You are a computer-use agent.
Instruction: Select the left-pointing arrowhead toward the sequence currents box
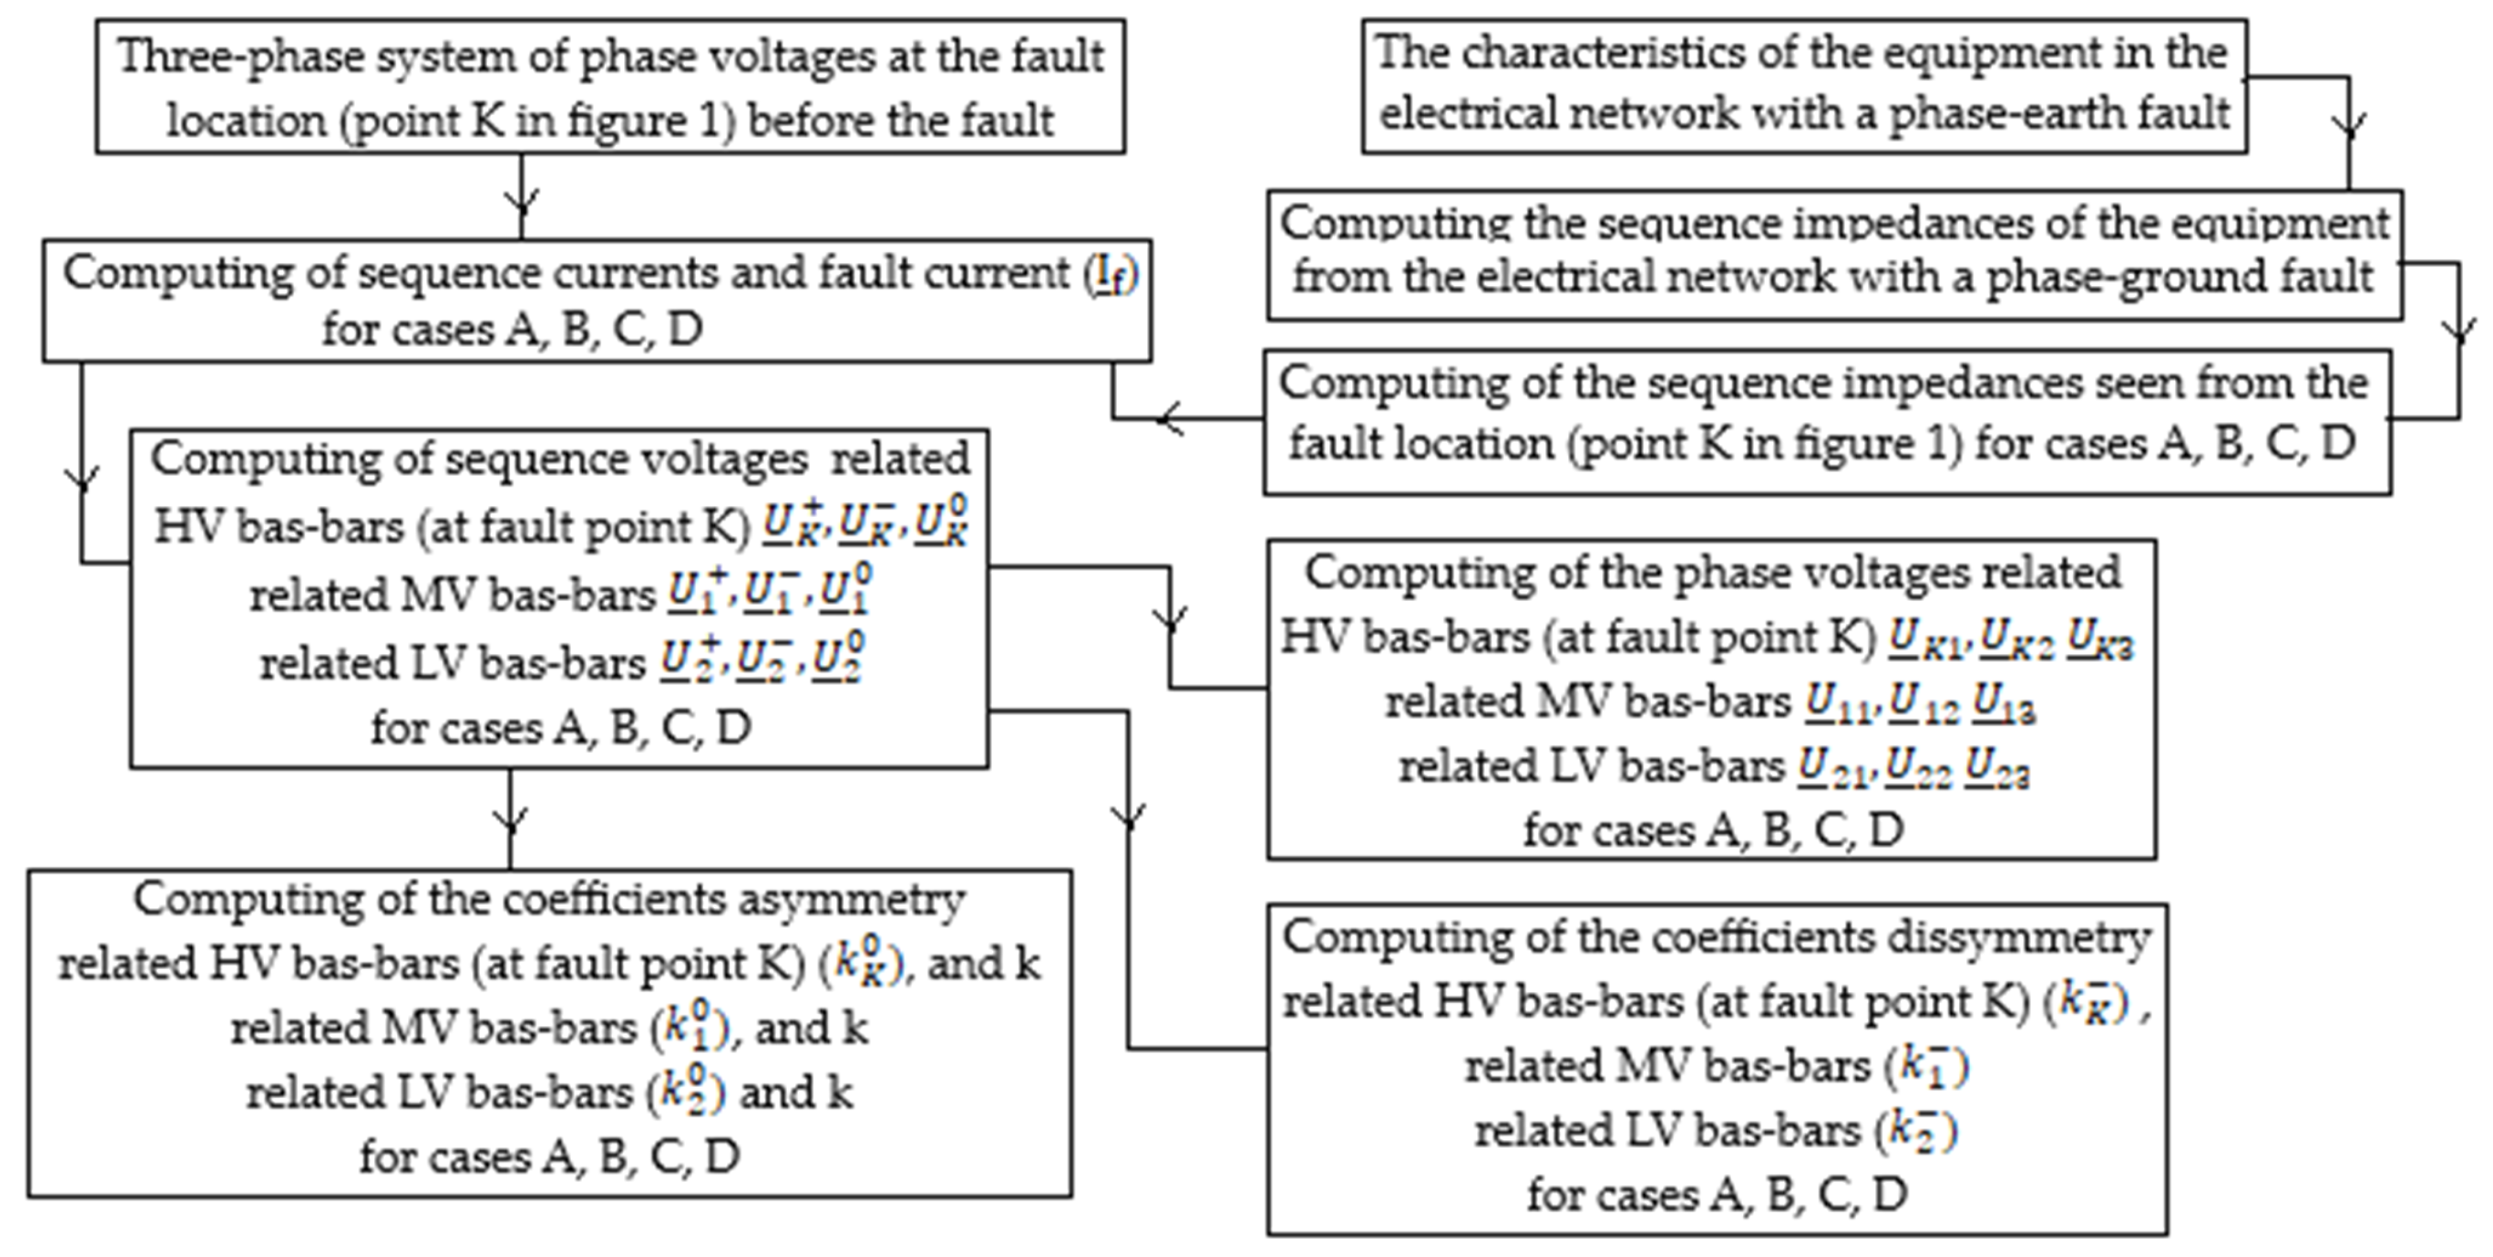(1169, 419)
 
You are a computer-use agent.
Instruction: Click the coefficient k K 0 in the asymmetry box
(862, 964)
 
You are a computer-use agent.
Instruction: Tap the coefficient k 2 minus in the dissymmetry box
(1917, 1130)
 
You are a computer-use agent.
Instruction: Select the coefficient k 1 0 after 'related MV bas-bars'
(686, 1028)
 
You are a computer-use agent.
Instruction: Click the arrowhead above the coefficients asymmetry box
(510, 821)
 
